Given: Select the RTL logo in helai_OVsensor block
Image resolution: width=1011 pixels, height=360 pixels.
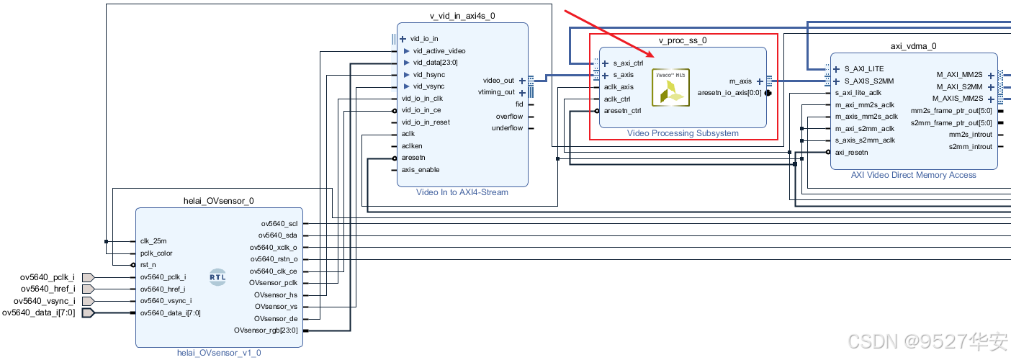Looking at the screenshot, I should point(217,276).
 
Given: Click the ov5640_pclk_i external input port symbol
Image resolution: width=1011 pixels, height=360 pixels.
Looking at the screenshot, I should point(89,277).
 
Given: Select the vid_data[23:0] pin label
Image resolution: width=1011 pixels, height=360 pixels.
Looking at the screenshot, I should point(435,63).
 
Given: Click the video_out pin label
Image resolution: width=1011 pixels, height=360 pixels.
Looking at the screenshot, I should point(498,81).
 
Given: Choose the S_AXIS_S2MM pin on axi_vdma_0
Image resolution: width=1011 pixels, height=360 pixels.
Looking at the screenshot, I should point(869,81).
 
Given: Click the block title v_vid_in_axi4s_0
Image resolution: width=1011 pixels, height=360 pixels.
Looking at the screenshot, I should point(462,15).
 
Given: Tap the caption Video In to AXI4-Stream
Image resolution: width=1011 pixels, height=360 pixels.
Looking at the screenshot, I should point(462,192).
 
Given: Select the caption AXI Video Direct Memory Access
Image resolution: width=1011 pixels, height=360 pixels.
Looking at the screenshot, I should point(914,175).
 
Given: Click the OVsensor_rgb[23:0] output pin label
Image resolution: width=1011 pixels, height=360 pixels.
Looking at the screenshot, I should point(266,330).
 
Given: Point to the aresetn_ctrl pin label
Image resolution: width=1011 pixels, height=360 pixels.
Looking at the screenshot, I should point(622,111).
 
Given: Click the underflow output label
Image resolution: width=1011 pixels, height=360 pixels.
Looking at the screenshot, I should point(508,128).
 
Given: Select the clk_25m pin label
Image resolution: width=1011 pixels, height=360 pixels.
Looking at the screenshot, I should point(153,241).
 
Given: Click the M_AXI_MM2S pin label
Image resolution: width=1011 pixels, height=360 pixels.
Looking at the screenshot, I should point(960,74).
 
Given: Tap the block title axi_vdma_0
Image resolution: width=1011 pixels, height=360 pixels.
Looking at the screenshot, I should point(913,46).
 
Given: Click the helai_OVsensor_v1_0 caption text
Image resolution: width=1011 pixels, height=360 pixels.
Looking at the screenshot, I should point(219,353).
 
